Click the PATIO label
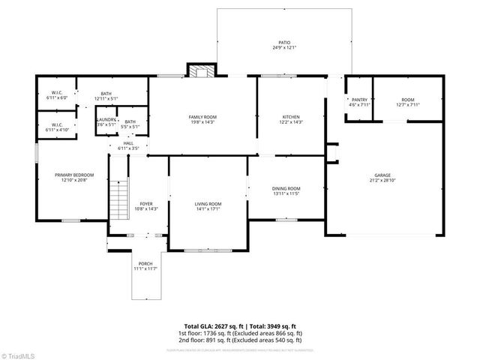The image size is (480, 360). coord(283,43)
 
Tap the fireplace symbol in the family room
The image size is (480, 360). coord(201,72)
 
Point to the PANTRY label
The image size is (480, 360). coord(359,100)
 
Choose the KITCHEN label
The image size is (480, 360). coord(291,117)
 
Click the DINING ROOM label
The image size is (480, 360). coord(286,188)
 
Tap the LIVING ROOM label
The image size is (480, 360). coord(208,204)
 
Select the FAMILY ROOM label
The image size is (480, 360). coord(202,117)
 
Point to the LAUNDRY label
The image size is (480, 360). coord(106,119)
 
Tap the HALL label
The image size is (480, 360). coord(128,144)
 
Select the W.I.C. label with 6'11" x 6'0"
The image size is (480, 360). coord(57,92)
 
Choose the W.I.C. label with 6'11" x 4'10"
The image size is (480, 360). coord(57,124)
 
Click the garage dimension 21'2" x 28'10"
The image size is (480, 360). coord(382,180)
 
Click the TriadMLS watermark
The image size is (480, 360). coord(19,355)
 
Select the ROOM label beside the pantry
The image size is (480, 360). coord(407,100)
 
